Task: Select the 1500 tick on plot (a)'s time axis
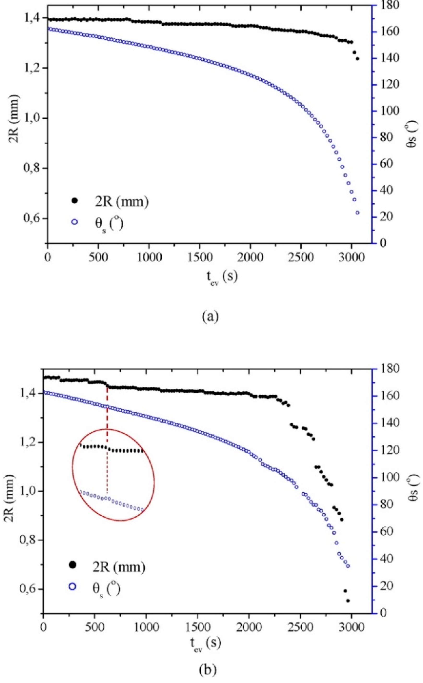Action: point(199,257)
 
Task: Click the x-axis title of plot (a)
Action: point(222,277)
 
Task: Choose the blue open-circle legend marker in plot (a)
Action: point(75,222)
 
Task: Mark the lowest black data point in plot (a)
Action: point(357,59)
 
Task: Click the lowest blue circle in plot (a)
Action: point(357,213)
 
